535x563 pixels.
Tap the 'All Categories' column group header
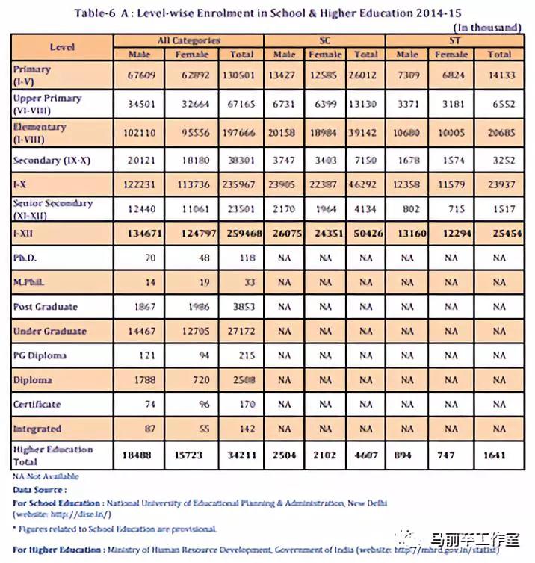click(x=188, y=40)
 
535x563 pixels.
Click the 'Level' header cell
click(x=62, y=46)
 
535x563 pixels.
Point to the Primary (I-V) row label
click(x=33, y=74)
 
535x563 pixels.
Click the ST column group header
click(x=453, y=40)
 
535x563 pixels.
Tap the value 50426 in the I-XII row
click(x=365, y=234)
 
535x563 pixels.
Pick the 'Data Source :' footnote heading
click(x=40, y=490)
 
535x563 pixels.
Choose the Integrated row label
click(x=37, y=429)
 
